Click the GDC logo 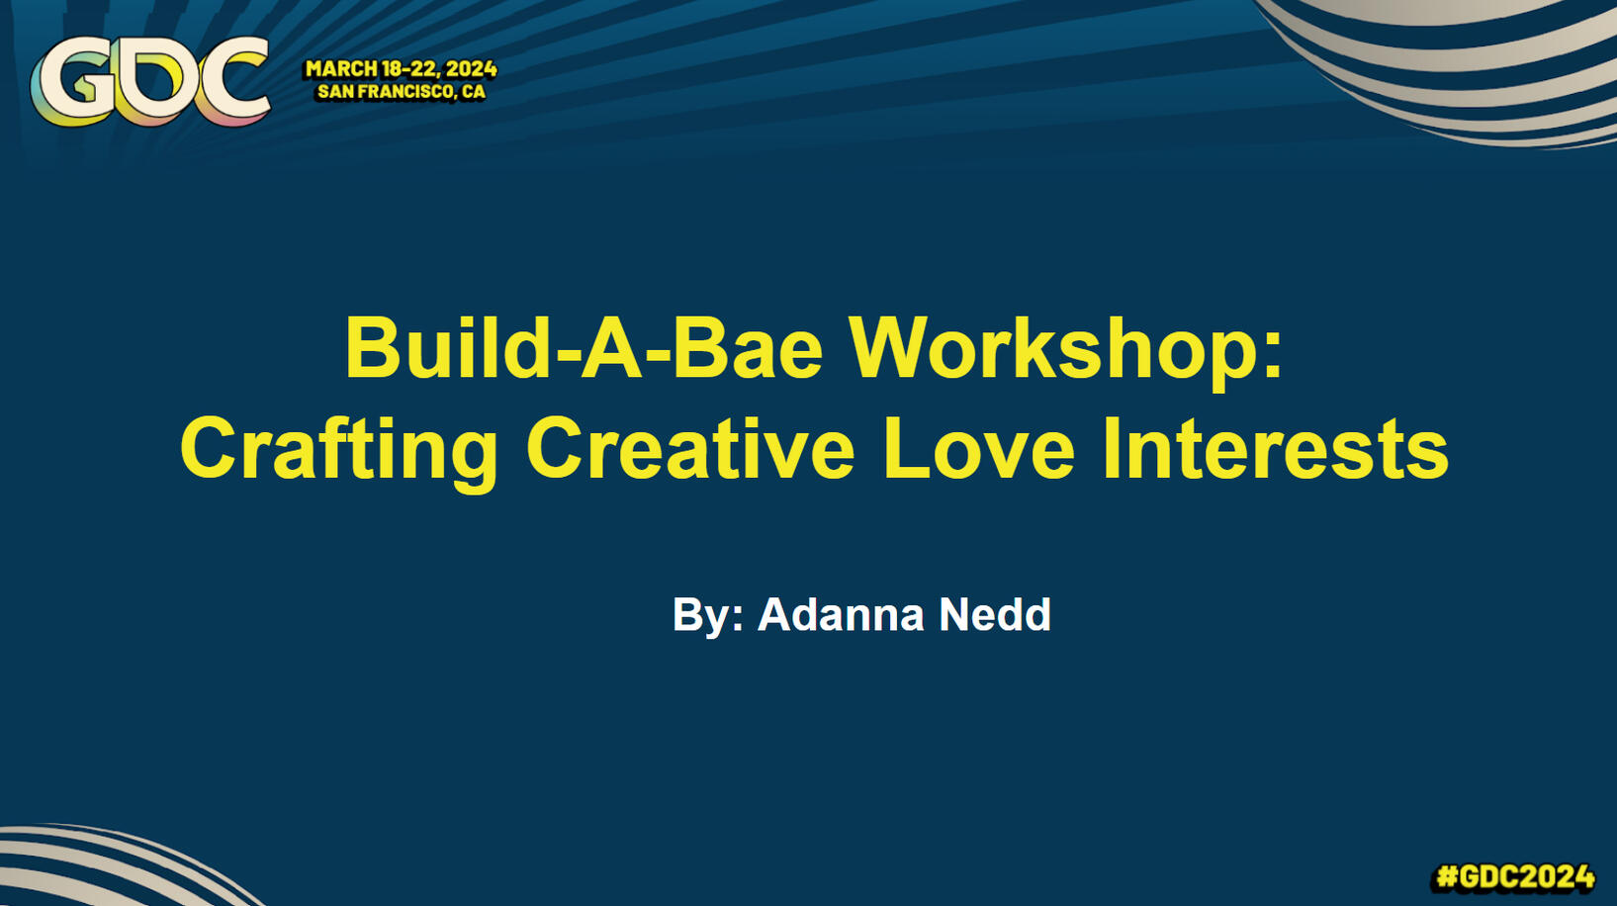point(150,81)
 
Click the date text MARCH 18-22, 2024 point(402,69)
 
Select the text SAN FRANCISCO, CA point(402,92)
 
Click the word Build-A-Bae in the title point(584,348)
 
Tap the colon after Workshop point(1273,357)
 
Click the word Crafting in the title point(339,450)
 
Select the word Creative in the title point(691,448)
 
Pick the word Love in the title point(979,448)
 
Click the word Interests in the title point(1276,448)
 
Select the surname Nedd point(995,614)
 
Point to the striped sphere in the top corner point(1466,65)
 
